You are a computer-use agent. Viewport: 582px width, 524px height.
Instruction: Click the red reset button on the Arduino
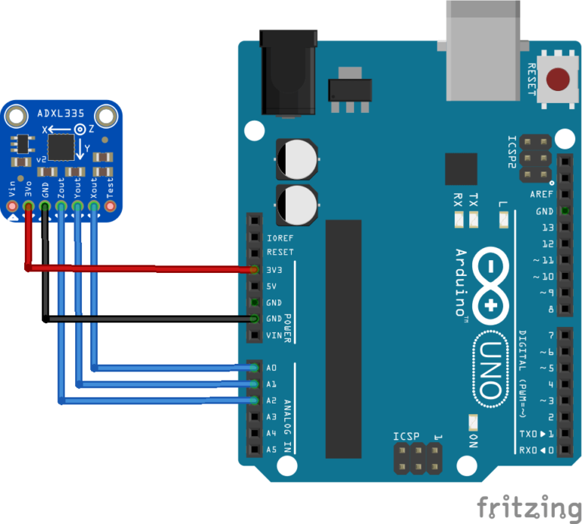[559, 77]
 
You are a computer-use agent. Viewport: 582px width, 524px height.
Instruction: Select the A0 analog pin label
[271, 368]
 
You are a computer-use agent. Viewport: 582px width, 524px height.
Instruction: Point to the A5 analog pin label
[271, 449]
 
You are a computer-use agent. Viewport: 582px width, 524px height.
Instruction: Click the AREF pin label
[541, 194]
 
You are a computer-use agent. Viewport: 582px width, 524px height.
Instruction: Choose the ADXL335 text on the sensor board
[61, 115]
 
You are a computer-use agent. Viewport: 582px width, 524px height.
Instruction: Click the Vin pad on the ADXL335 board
[11, 206]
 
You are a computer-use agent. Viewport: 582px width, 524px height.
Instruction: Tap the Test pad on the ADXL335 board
[110, 206]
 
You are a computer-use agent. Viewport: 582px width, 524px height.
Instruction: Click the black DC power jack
[288, 72]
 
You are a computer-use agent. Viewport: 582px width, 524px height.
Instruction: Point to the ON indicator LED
[474, 422]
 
